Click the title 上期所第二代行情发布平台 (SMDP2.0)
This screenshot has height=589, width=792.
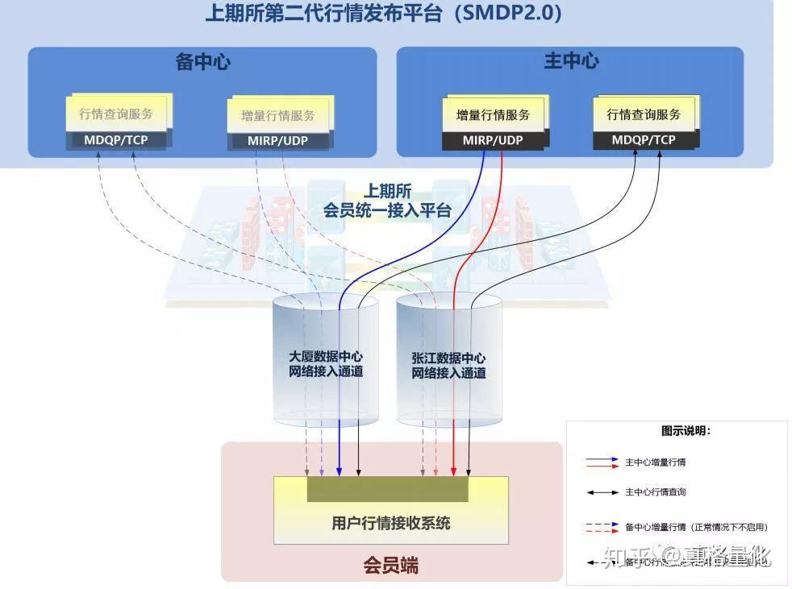coord(383,14)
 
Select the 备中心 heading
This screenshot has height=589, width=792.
coord(202,62)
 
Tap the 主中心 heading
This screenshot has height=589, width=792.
coord(570,61)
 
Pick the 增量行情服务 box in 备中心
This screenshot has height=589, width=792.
coord(278,115)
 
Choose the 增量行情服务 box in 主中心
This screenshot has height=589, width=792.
coord(494,114)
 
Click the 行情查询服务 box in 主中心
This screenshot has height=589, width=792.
coord(644,114)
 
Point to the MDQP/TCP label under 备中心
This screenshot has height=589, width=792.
coord(116,139)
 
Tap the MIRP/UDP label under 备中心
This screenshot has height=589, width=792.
coord(278,141)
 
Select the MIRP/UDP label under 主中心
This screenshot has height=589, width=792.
coord(493,140)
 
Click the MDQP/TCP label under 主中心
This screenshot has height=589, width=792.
coord(644,139)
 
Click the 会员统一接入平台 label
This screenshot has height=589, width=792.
coord(387,201)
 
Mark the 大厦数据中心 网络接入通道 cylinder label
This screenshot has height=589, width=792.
coord(326,363)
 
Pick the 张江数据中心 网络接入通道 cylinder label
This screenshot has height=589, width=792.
coord(448,365)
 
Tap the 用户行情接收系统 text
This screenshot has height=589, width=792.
coord(391,523)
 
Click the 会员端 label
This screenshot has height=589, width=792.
coord(391,566)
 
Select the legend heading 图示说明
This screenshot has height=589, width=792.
coord(686,431)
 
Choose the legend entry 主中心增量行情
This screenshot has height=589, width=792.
coord(655,462)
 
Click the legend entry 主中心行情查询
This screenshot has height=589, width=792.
coord(655,492)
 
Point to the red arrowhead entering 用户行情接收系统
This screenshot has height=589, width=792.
coord(454,471)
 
